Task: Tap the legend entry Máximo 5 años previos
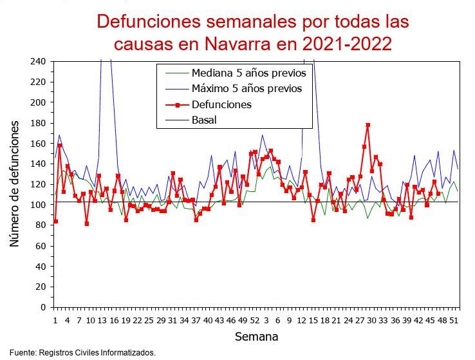point(247,88)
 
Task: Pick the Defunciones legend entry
point(221,104)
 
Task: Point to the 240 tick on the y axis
point(37,61)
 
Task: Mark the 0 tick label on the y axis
point(42,307)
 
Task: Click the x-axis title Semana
point(256,336)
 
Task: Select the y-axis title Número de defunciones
point(14,184)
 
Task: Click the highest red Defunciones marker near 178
point(368,125)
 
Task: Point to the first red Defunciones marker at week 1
point(55,222)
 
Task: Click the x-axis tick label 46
point(430,320)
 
